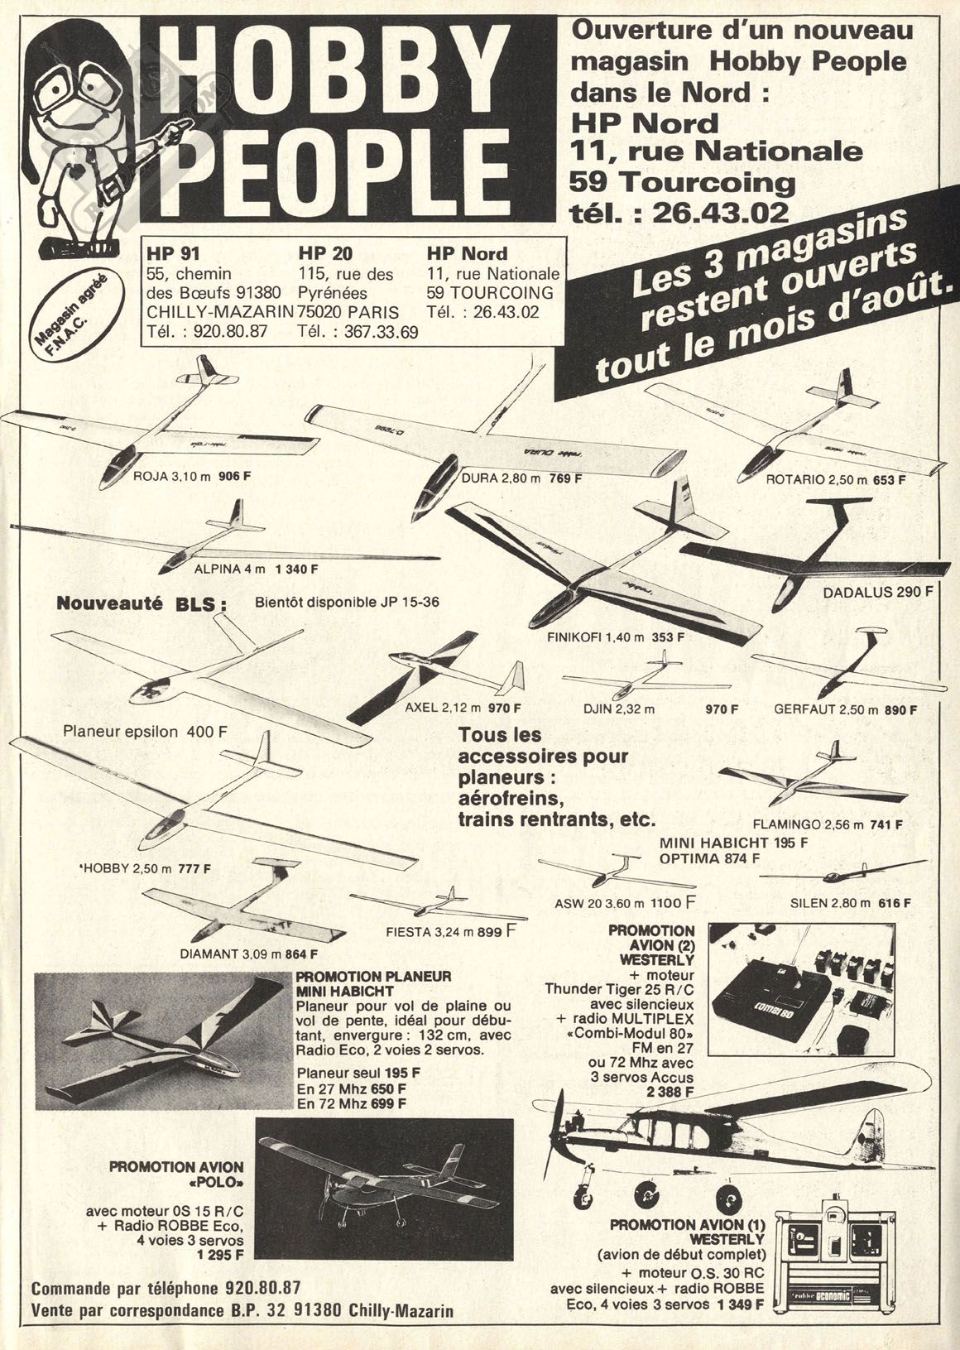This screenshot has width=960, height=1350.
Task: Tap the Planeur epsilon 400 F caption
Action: [146, 732]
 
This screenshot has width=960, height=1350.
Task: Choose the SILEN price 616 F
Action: [895, 902]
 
